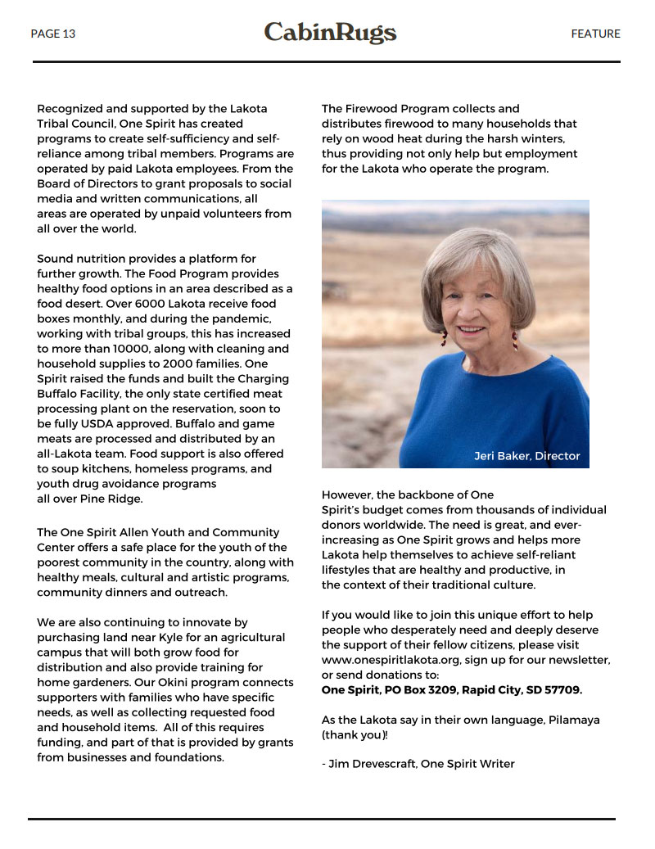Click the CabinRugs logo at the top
[330, 33]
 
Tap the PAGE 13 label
[52, 34]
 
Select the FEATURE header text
[595, 34]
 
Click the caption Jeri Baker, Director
[526, 456]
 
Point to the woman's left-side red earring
[443, 337]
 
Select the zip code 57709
[561, 690]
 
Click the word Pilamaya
[571, 720]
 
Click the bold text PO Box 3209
[421, 690]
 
